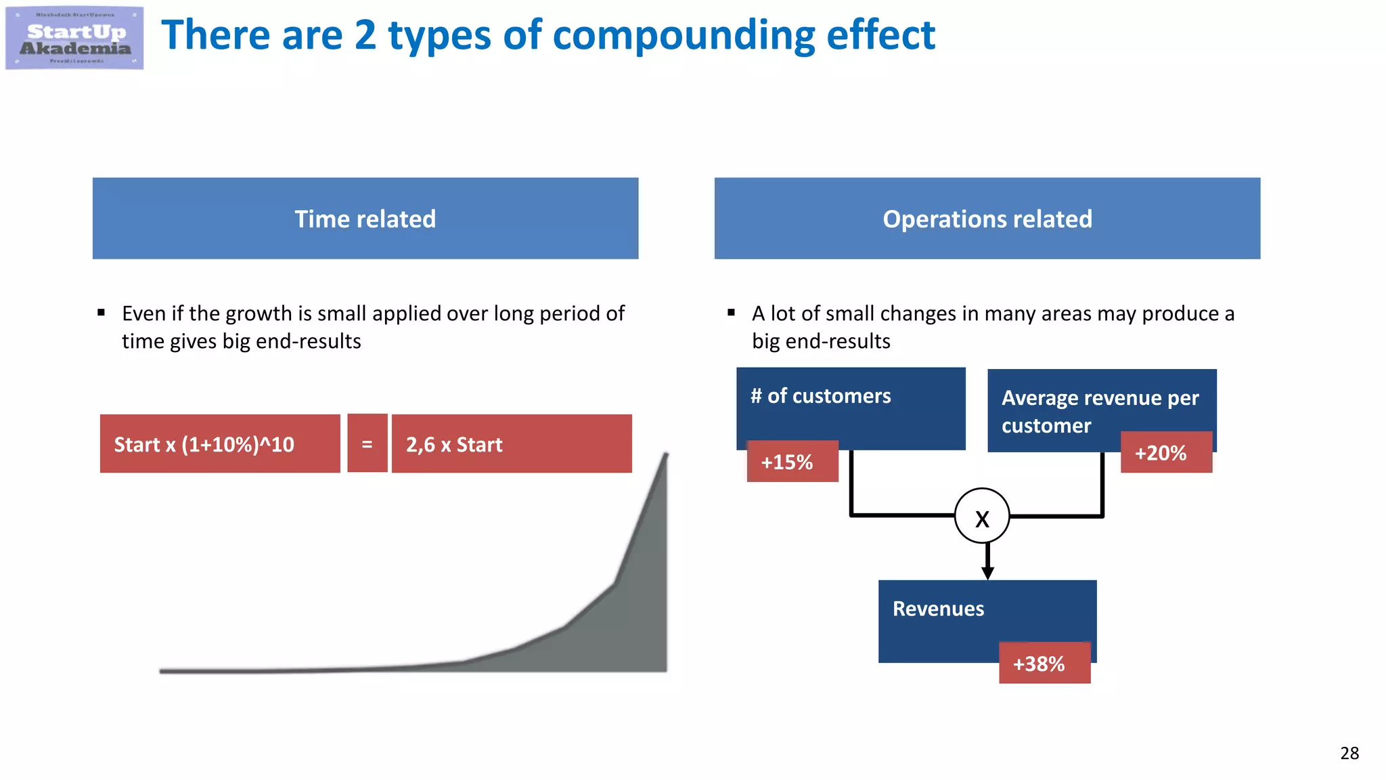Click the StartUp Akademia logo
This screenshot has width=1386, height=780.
point(74,38)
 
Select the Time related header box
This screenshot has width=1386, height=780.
point(365,219)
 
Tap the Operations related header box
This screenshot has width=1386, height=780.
point(987,219)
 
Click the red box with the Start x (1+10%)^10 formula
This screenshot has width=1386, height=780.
point(219,444)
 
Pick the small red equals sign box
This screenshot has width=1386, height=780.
point(367,444)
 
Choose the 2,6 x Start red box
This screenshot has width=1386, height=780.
point(511,444)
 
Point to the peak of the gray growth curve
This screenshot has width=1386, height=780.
point(666,455)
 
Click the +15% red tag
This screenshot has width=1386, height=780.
point(792,462)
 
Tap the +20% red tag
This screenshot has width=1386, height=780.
point(1165,452)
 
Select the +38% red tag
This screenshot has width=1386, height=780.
point(1044,664)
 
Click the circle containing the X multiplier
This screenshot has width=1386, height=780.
point(982,516)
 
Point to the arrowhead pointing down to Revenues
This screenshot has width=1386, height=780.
point(987,573)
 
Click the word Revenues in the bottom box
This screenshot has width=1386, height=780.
point(938,609)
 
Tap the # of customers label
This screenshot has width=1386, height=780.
point(820,396)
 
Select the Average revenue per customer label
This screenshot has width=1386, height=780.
point(1100,411)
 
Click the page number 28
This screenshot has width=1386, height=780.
point(1349,753)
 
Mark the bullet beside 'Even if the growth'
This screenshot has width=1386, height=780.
point(102,313)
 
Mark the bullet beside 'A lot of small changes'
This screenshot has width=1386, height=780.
point(731,313)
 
